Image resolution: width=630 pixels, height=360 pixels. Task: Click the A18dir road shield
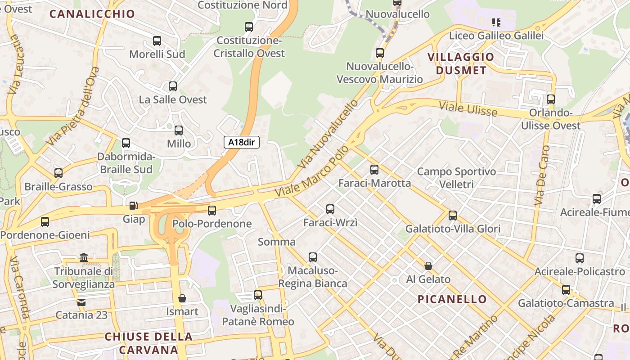click(x=242, y=142)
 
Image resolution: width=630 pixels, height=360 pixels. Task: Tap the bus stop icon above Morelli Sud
click(x=157, y=41)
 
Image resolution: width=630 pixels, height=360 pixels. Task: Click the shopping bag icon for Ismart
click(x=182, y=298)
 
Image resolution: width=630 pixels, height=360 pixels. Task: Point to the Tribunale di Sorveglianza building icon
click(x=84, y=258)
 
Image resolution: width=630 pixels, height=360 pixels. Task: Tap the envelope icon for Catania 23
click(x=81, y=302)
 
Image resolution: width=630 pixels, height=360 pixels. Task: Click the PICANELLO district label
click(x=452, y=299)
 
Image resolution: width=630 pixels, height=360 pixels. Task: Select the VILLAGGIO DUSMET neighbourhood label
click(x=461, y=63)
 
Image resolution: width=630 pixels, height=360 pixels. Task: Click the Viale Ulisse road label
click(x=468, y=108)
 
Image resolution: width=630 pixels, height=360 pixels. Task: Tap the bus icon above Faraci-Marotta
click(x=374, y=170)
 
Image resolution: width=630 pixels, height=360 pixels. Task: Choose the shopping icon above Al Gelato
click(x=428, y=266)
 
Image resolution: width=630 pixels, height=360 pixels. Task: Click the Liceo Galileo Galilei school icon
click(x=496, y=22)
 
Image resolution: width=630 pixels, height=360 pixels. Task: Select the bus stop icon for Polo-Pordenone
click(x=212, y=210)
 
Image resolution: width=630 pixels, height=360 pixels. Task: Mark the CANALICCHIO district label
click(x=92, y=14)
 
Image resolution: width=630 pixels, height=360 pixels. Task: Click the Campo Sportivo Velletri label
click(x=456, y=178)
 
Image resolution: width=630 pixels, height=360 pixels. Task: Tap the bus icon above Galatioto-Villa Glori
click(x=453, y=216)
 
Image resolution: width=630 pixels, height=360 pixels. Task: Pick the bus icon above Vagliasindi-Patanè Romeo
click(x=258, y=295)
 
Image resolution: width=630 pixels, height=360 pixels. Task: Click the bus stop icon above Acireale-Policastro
click(x=580, y=258)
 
